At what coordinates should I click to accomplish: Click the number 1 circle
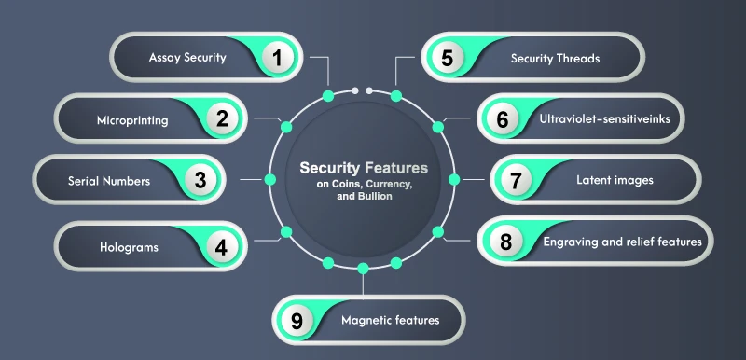(x=276, y=58)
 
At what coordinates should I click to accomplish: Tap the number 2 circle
(x=222, y=118)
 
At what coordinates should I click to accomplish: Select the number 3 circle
(x=200, y=180)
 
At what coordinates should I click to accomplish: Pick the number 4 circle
(x=221, y=248)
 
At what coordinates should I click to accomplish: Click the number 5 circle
(x=447, y=58)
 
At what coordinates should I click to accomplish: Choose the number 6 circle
(x=503, y=119)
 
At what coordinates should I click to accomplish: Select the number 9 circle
(x=297, y=321)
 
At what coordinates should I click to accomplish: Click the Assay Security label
(x=187, y=58)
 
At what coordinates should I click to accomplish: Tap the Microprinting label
(x=132, y=119)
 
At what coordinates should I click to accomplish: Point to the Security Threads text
(x=555, y=58)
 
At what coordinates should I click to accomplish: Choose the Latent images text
(x=615, y=180)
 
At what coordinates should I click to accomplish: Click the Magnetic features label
(x=390, y=321)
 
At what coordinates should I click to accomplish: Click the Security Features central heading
(x=364, y=168)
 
